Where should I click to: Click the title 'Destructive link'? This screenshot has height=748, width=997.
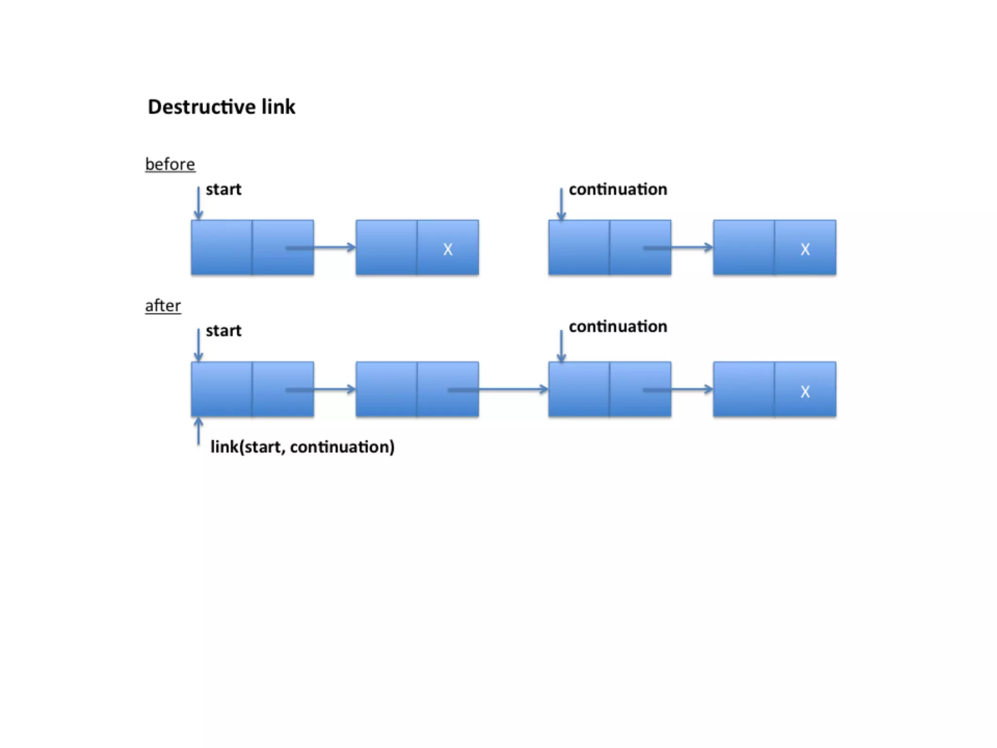222,107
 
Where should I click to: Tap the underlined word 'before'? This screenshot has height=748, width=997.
170,164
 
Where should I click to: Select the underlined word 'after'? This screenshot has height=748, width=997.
163,306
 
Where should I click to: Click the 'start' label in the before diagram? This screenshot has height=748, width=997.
223,189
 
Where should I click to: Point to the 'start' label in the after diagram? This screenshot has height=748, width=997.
223,331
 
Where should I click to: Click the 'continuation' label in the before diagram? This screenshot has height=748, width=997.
618,189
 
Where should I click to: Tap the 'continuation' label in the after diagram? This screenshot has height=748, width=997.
618,326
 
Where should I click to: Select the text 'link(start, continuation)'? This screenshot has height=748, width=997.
302,447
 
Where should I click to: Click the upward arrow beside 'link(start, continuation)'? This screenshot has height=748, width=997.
198,431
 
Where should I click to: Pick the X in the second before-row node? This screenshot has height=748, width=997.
448,249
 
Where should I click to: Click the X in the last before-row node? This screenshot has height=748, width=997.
805,249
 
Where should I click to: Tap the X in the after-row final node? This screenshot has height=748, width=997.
805,392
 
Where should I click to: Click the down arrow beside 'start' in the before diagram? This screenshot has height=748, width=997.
198,204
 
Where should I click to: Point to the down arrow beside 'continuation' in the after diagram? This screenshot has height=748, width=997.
561,346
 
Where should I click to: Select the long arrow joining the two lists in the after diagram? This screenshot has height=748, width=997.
498,389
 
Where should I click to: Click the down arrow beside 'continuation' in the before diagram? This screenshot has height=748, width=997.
561,205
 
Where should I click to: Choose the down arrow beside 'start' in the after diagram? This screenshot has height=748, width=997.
198,345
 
